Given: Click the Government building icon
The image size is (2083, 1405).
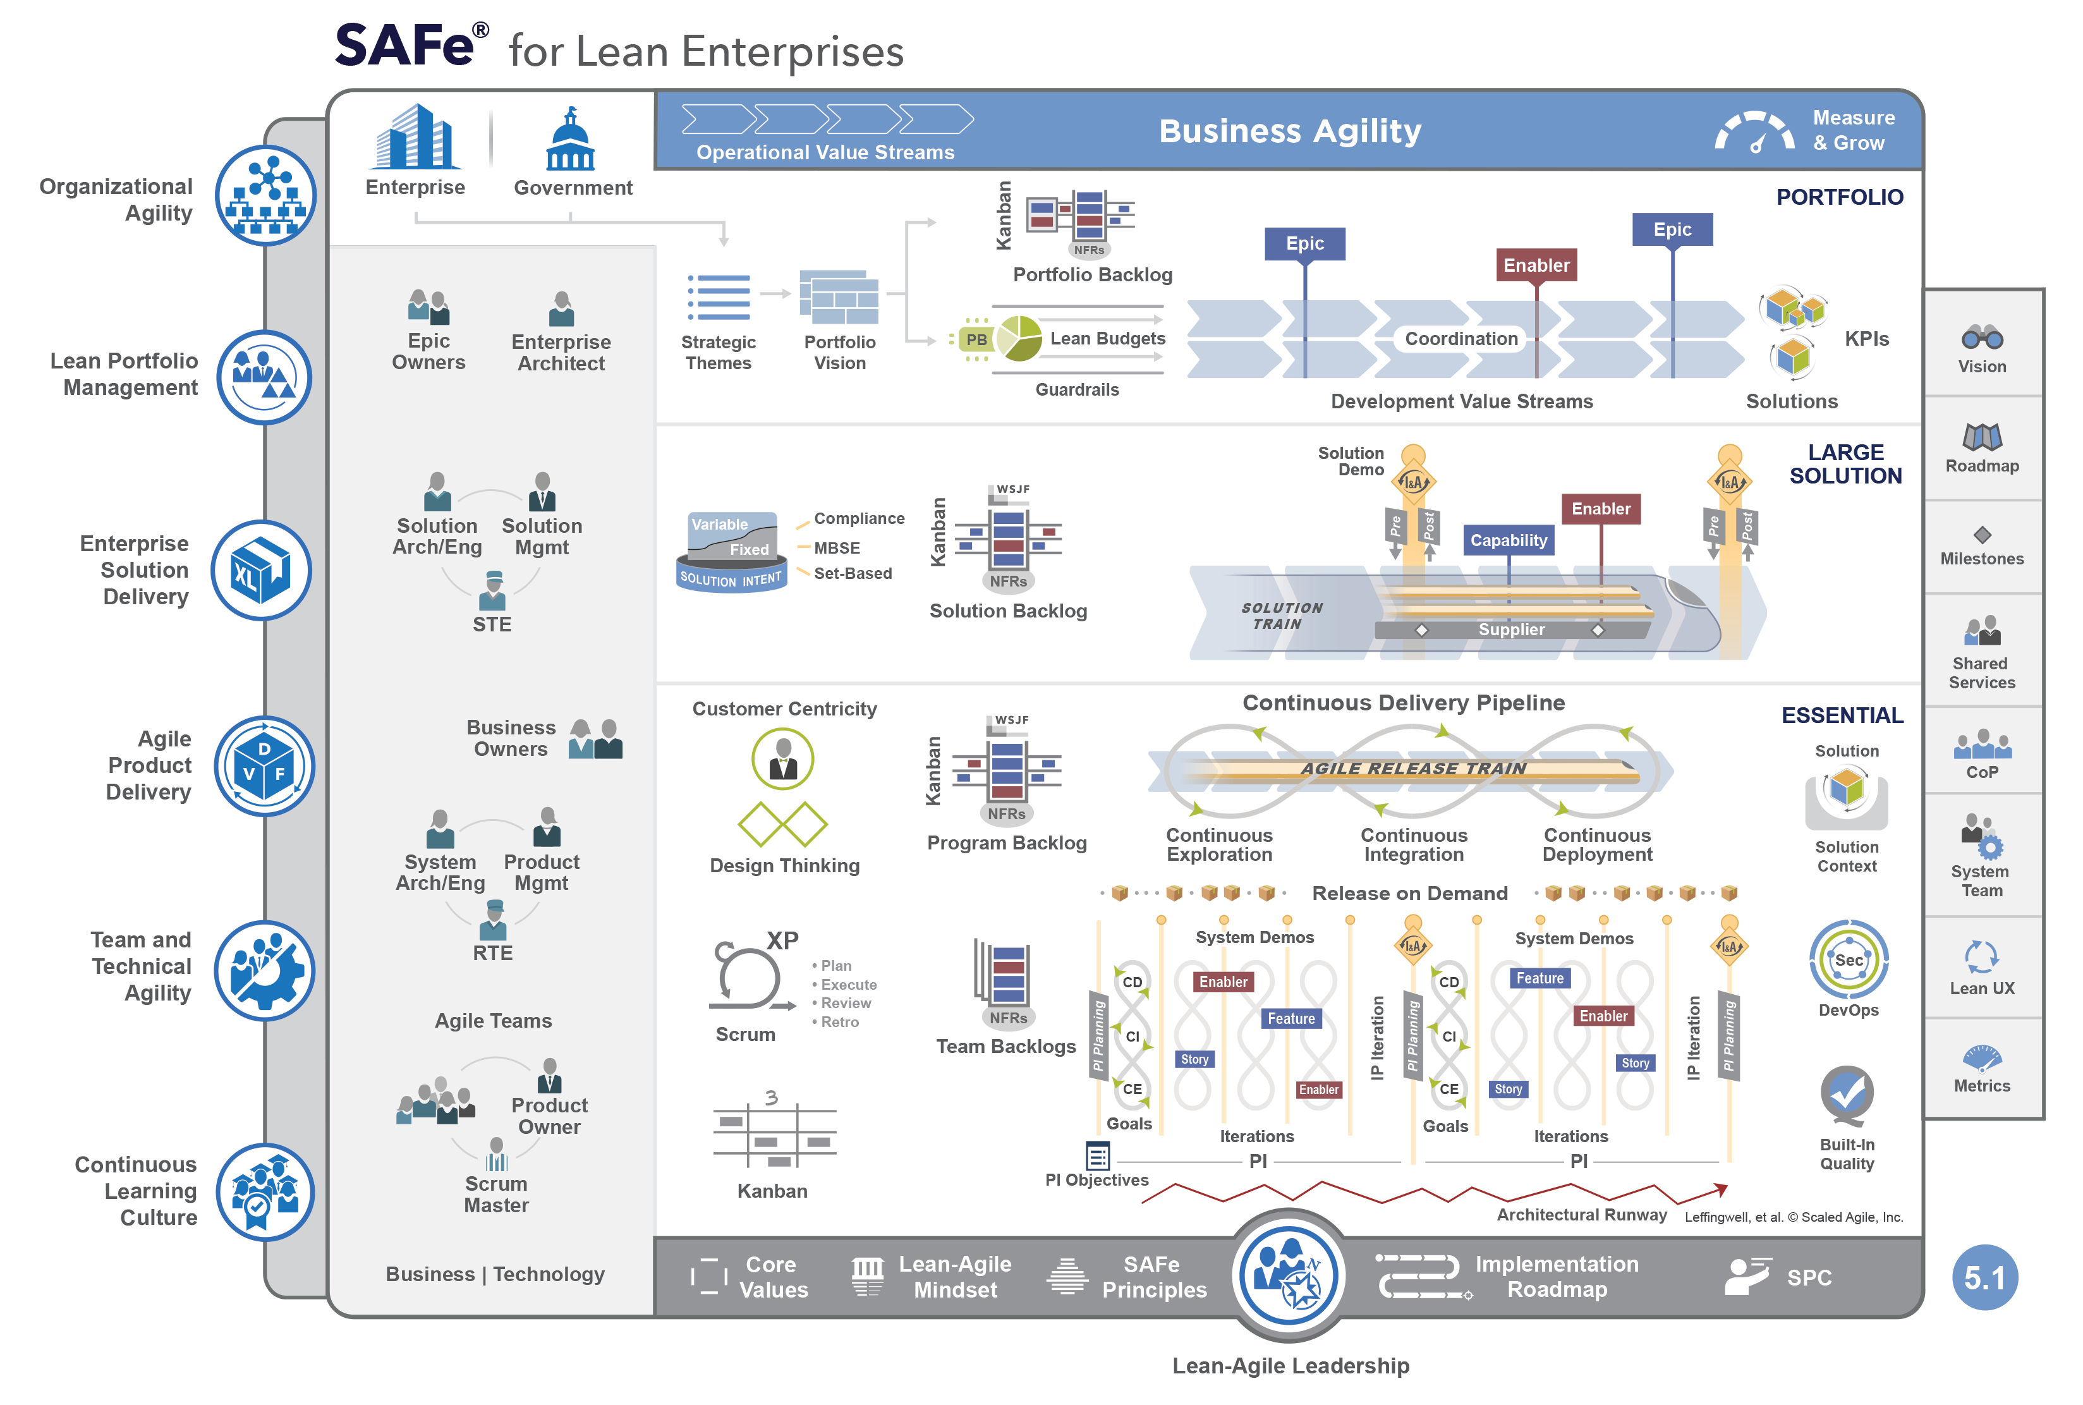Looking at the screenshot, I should pos(570,141).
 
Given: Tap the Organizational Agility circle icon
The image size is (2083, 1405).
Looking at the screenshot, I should pos(265,195).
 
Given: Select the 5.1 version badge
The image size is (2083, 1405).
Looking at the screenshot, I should pos(1984,1277).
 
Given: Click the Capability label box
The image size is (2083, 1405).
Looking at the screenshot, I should pos(1508,540).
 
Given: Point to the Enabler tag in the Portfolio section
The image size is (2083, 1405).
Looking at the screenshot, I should pos(1536,265).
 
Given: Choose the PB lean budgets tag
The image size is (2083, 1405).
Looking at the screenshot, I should pos(976,339).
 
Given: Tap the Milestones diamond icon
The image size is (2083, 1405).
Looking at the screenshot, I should pos(1982,535).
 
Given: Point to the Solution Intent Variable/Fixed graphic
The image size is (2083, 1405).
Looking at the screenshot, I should pos(732,550).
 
